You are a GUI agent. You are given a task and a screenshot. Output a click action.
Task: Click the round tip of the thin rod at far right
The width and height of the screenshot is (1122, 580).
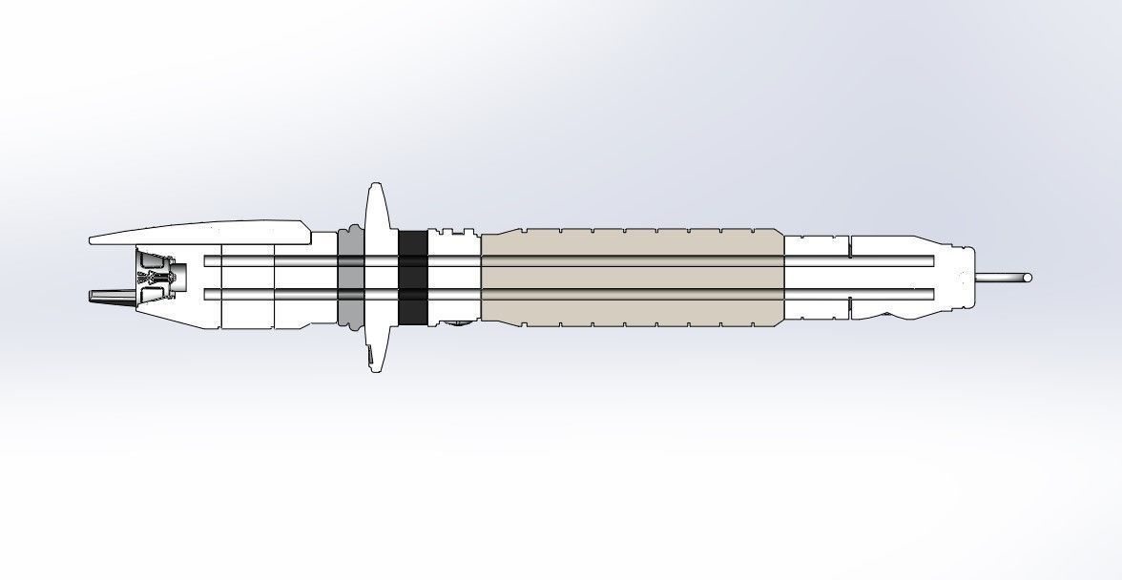click(x=1027, y=279)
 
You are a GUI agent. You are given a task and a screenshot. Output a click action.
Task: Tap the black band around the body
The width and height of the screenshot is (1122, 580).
click(x=412, y=277)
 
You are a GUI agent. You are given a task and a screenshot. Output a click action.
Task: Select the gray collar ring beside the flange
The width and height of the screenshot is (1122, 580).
click(x=350, y=277)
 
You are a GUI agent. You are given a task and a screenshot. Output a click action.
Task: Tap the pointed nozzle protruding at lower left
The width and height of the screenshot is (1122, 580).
click(x=107, y=297)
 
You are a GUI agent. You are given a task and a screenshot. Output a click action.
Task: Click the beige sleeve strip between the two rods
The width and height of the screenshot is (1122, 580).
click(x=630, y=277)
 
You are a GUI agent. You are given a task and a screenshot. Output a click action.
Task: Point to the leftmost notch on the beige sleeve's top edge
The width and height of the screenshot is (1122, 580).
click(x=521, y=231)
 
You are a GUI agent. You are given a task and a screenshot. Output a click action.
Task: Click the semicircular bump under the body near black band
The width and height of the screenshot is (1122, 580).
click(x=456, y=324)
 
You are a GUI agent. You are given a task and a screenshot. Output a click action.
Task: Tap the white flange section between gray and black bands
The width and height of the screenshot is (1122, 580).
click(x=382, y=277)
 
